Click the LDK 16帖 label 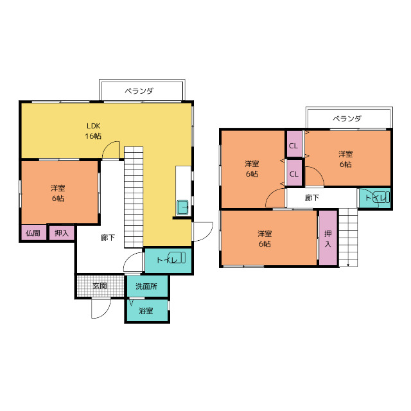pyautogui.click(x=93, y=131)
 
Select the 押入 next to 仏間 pyautogui.click(x=62, y=232)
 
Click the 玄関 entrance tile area pyautogui.click(x=100, y=286)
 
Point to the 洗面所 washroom pyautogui.click(x=147, y=286)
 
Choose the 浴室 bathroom pyautogui.click(x=147, y=311)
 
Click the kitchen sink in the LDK pyautogui.click(x=182, y=207)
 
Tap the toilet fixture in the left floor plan pyautogui.click(x=177, y=258)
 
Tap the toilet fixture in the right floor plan pyautogui.click(x=381, y=197)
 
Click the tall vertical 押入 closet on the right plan pyautogui.click(x=328, y=238)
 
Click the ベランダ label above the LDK pyautogui.click(x=139, y=91)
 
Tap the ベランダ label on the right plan pyautogui.click(x=347, y=119)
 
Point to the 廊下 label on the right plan pyautogui.click(x=312, y=198)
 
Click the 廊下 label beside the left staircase pyautogui.click(x=108, y=238)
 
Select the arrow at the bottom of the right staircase pyautogui.click(x=348, y=263)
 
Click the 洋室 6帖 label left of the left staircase pyautogui.click(x=58, y=193)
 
